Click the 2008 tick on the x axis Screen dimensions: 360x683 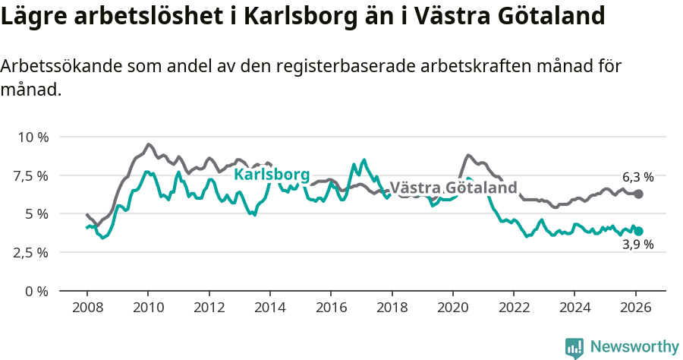click(87, 308)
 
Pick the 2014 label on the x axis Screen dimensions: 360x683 click(269, 308)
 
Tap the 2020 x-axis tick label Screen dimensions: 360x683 click(452, 308)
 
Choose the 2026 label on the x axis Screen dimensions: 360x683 click(635, 308)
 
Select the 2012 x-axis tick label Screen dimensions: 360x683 click(209, 308)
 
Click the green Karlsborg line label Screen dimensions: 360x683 click(272, 175)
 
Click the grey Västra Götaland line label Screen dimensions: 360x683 click(453, 188)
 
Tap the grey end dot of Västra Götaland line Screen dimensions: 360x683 click(638, 194)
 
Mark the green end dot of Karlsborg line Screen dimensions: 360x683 click(638, 231)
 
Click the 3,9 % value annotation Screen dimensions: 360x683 click(637, 245)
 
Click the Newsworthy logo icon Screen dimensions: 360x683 click(574, 347)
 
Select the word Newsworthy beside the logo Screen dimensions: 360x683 click(634, 347)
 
